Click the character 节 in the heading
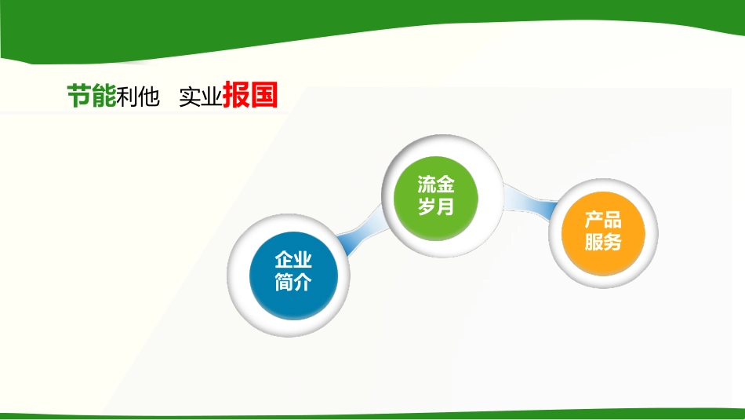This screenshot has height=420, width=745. (x=78, y=96)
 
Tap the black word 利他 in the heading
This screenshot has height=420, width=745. (x=138, y=97)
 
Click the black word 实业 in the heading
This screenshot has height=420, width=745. (x=200, y=97)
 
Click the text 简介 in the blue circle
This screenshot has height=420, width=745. (x=293, y=283)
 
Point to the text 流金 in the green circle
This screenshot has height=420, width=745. (x=436, y=185)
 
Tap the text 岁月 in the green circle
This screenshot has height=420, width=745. (x=436, y=207)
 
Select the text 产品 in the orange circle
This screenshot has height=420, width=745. (x=602, y=221)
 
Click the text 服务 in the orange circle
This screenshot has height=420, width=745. (x=602, y=242)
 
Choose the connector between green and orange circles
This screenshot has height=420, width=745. (x=529, y=202)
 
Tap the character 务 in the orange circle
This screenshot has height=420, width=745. (x=612, y=242)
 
